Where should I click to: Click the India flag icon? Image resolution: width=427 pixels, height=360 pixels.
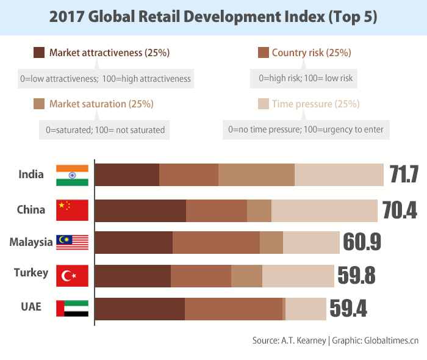(72, 175)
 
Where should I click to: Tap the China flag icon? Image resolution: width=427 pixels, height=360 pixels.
(72, 210)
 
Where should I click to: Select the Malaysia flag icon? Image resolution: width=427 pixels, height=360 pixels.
(72, 242)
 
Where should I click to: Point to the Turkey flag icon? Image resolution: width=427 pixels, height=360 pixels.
(72, 275)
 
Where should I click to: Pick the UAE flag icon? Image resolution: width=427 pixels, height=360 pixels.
(72, 308)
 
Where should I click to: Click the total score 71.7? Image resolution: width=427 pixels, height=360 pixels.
(404, 175)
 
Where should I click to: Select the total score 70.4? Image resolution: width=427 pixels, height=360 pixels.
(400, 210)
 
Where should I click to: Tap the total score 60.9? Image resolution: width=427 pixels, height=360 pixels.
(362, 242)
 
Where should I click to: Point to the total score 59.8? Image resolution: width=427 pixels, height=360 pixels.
(357, 275)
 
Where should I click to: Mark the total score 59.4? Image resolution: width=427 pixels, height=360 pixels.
(348, 308)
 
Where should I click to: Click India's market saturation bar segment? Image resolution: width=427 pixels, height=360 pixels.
(256, 175)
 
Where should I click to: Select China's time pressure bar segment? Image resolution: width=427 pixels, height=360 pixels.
(324, 210)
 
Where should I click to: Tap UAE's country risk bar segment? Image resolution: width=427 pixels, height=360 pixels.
(234, 308)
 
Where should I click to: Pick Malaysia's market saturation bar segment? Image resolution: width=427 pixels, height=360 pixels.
(271, 242)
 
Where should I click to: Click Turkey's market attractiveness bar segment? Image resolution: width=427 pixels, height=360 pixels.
(133, 275)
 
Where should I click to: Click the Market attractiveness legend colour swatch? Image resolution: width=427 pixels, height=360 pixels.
(39, 52)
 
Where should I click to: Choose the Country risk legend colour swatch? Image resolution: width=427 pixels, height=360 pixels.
(264, 52)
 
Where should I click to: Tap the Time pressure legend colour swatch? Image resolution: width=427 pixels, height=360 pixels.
(264, 104)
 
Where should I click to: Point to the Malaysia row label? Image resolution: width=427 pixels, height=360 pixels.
(30, 242)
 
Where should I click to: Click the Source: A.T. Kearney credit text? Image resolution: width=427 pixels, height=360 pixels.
(289, 340)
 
